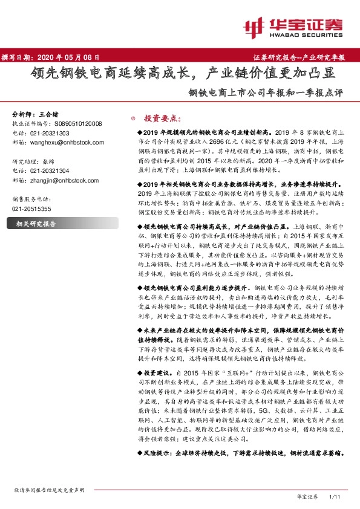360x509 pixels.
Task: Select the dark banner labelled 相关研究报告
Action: (x=36, y=224)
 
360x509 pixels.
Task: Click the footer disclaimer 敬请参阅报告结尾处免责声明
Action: (x=49, y=490)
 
